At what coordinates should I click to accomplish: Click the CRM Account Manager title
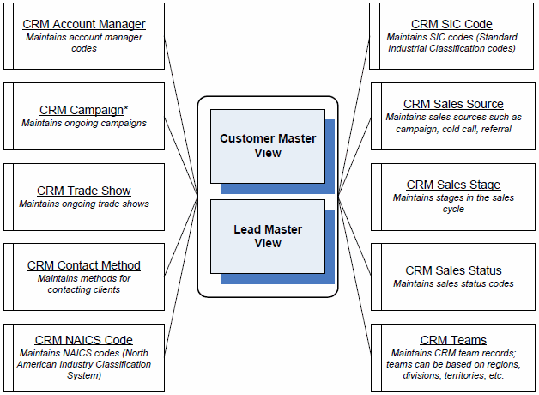pyautogui.click(x=84, y=24)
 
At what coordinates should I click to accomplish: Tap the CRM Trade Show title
pyautogui.click(x=84, y=191)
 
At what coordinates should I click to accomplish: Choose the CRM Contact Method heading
pyautogui.click(x=84, y=265)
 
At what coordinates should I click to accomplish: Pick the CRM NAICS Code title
pyautogui.click(x=84, y=340)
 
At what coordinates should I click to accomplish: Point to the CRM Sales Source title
pyautogui.click(x=453, y=104)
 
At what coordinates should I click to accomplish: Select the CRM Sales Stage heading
pyautogui.click(x=453, y=185)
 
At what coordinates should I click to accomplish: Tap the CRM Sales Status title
pyautogui.click(x=453, y=270)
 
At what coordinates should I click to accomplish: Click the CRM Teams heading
pyautogui.click(x=453, y=340)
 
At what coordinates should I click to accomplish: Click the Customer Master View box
pyautogui.click(x=268, y=145)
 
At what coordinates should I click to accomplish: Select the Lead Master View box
pyautogui.click(x=268, y=237)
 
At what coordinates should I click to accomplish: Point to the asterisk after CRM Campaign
pyautogui.click(x=126, y=108)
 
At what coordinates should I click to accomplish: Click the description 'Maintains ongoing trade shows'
pyautogui.click(x=84, y=204)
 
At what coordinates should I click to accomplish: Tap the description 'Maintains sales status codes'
pyautogui.click(x=453, y=283)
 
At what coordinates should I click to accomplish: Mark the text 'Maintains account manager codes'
pyautogui.click(x=84, y=43)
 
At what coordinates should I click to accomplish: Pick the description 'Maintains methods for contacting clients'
pyautogui.click(x=84, y=284)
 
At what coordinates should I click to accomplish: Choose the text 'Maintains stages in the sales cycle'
pyautogui.click(x=453, y=204)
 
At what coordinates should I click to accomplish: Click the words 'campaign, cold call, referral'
pyautogui.click(x=453, y=129)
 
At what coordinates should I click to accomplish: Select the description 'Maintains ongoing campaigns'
pyautogui.click(x=84, y=123)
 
